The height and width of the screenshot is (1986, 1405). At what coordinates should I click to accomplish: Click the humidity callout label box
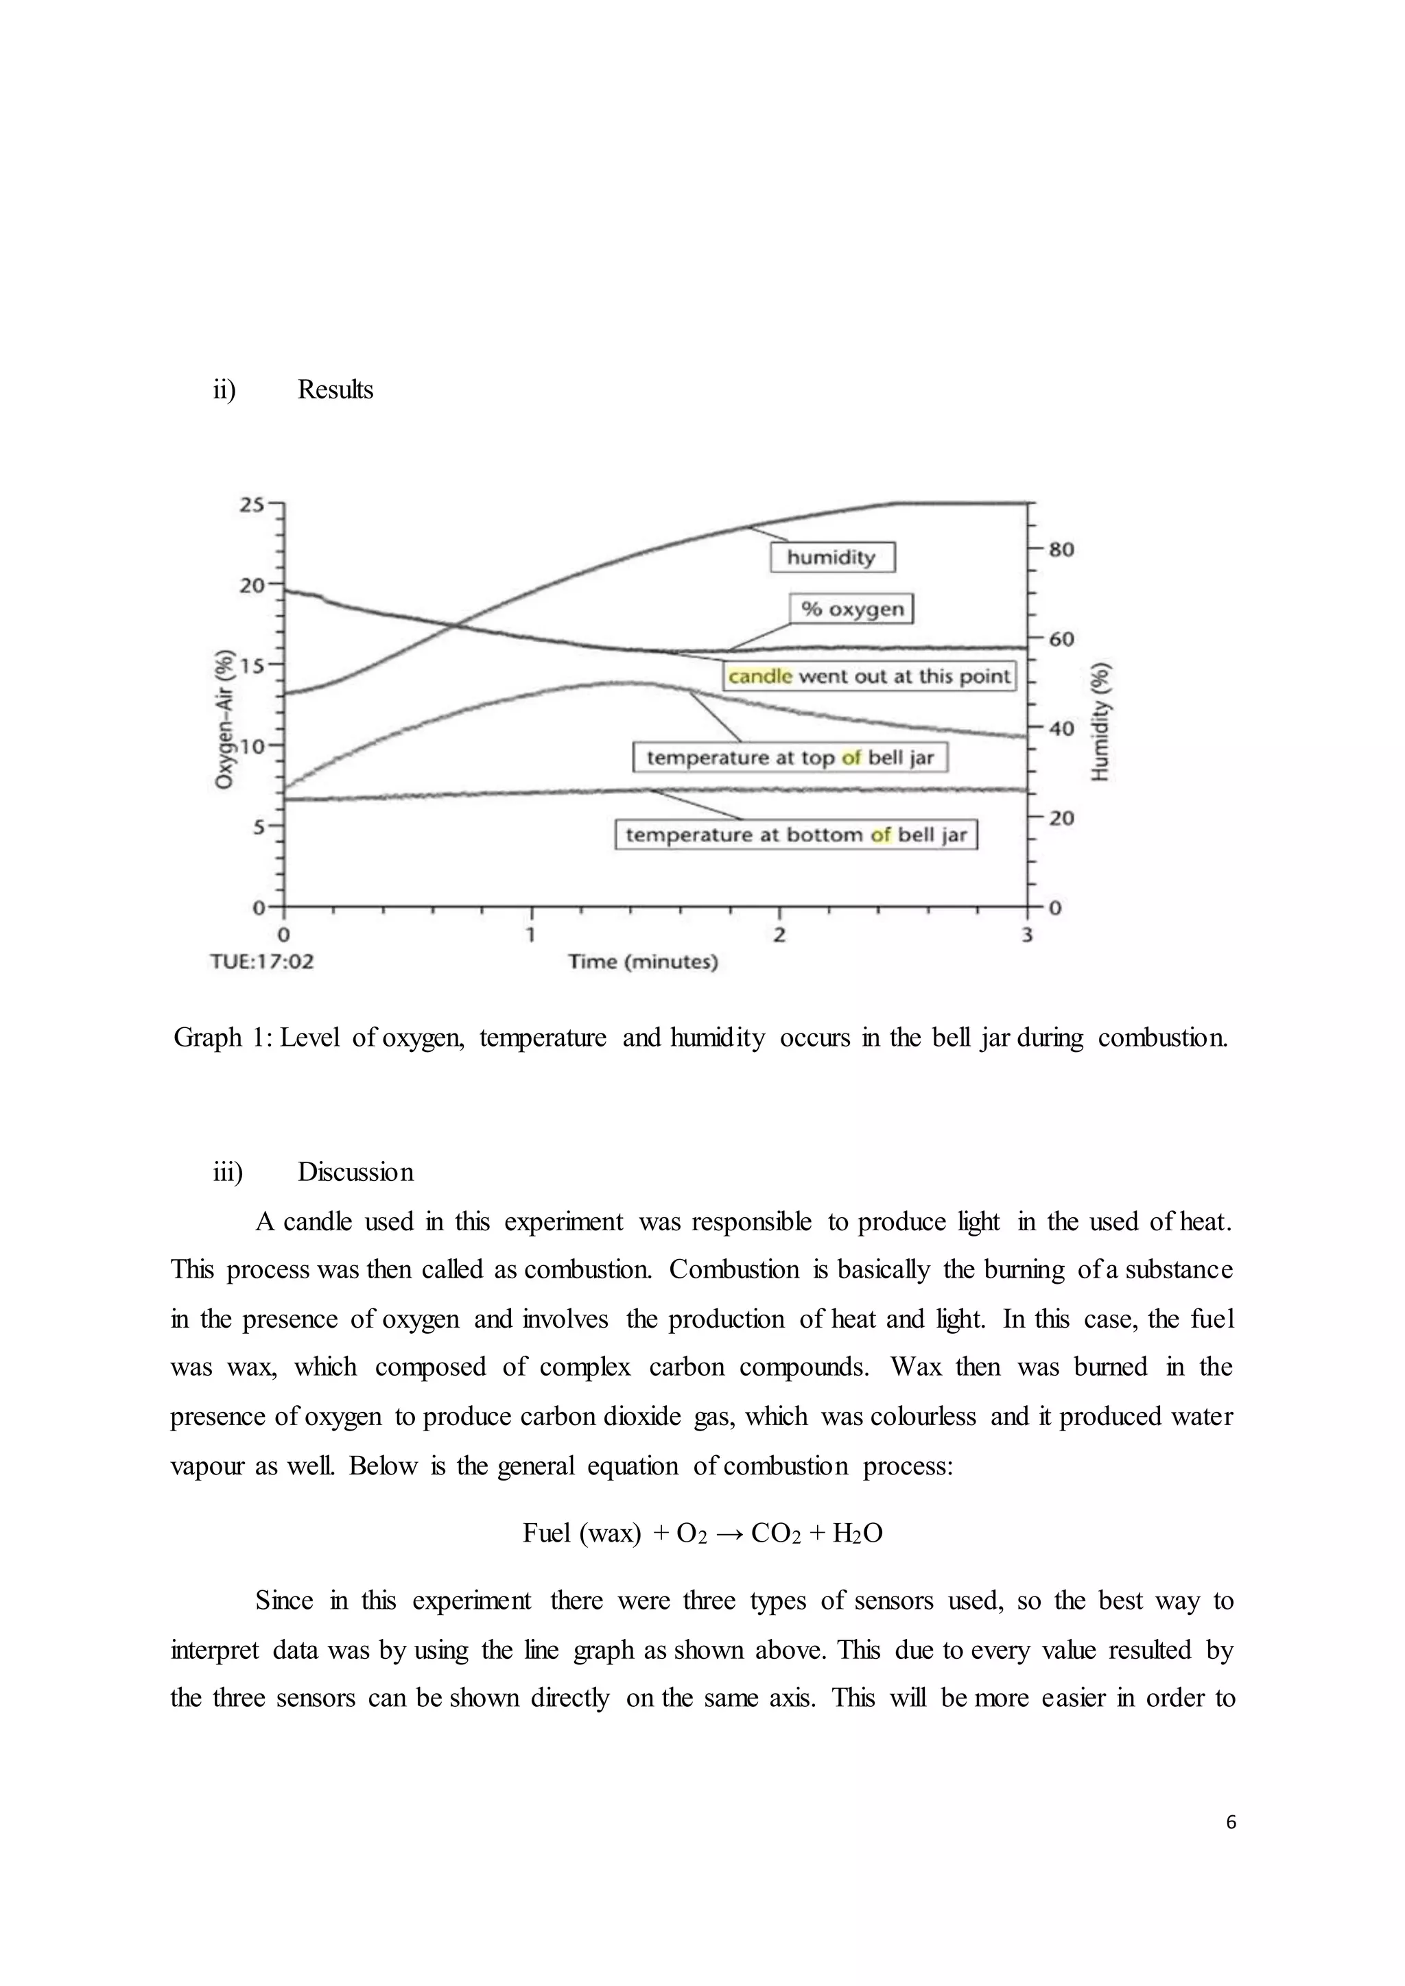coord(831,557)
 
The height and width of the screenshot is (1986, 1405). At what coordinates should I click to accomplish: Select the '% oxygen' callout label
coord(851,609)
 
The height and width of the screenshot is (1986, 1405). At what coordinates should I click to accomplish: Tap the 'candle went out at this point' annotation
coord(869,675)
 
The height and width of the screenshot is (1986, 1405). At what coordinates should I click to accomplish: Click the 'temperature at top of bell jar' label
coord(790,758)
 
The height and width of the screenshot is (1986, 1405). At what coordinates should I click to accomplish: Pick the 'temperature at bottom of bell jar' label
coord(796,835)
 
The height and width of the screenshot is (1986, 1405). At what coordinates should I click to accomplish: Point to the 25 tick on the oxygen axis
coord(252,504)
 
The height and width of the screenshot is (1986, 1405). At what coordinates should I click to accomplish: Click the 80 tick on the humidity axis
coord(1061,550)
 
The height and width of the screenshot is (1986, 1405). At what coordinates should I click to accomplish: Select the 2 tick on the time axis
coord(779,935)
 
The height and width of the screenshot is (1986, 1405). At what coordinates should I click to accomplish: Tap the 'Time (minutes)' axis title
coord(643,962)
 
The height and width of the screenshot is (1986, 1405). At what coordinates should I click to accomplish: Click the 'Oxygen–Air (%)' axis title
coord(224,719)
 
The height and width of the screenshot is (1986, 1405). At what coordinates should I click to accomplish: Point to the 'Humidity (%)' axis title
coord(1100,722)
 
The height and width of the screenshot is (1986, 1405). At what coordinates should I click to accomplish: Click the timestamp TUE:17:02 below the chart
coord(262,962)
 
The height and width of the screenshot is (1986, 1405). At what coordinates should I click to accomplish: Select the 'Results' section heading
coord(335,390)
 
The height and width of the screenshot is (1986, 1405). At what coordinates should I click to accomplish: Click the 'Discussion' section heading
coord(355,1172)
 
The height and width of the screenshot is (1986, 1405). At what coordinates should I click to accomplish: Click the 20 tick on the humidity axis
coord(1061,818)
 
